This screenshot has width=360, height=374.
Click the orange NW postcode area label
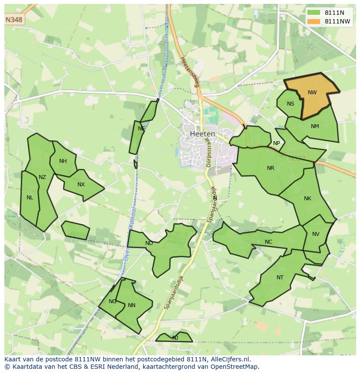312,92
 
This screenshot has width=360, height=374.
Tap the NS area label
290,103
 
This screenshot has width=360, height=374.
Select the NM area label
315,126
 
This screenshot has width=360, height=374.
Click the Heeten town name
203,134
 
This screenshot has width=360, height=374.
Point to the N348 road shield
14,20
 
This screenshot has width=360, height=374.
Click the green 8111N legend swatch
313,13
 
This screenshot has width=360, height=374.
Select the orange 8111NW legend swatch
313,21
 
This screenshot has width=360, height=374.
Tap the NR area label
270,168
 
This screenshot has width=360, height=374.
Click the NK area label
307,199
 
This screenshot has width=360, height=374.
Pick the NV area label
316,234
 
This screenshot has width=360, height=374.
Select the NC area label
268,242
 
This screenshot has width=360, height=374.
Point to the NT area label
280,278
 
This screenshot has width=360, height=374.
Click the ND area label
149,243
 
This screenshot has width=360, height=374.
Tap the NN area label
132,305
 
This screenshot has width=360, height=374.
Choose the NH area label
63,161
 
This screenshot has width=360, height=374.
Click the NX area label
81,185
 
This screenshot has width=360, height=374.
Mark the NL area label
30,198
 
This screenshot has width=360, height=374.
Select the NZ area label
42,177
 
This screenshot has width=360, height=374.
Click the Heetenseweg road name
190,72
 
